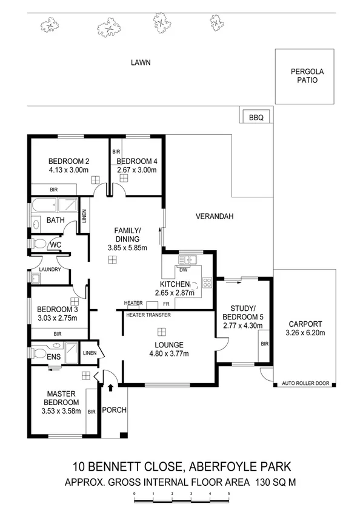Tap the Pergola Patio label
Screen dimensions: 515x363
click(308, 76)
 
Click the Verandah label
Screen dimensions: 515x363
click(214, 216)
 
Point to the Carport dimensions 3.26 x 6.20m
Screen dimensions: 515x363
click(305, 333)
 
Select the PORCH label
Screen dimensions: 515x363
click(115, 410)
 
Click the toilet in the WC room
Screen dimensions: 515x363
click(39, 244)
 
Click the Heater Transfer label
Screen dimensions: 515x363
click(148, 315)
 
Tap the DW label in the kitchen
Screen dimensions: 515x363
click(184, 270)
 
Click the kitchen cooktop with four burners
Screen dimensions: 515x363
click(206, 282)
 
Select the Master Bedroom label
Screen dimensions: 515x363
click(63, 398)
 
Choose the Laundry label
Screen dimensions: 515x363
click(47, 269)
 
